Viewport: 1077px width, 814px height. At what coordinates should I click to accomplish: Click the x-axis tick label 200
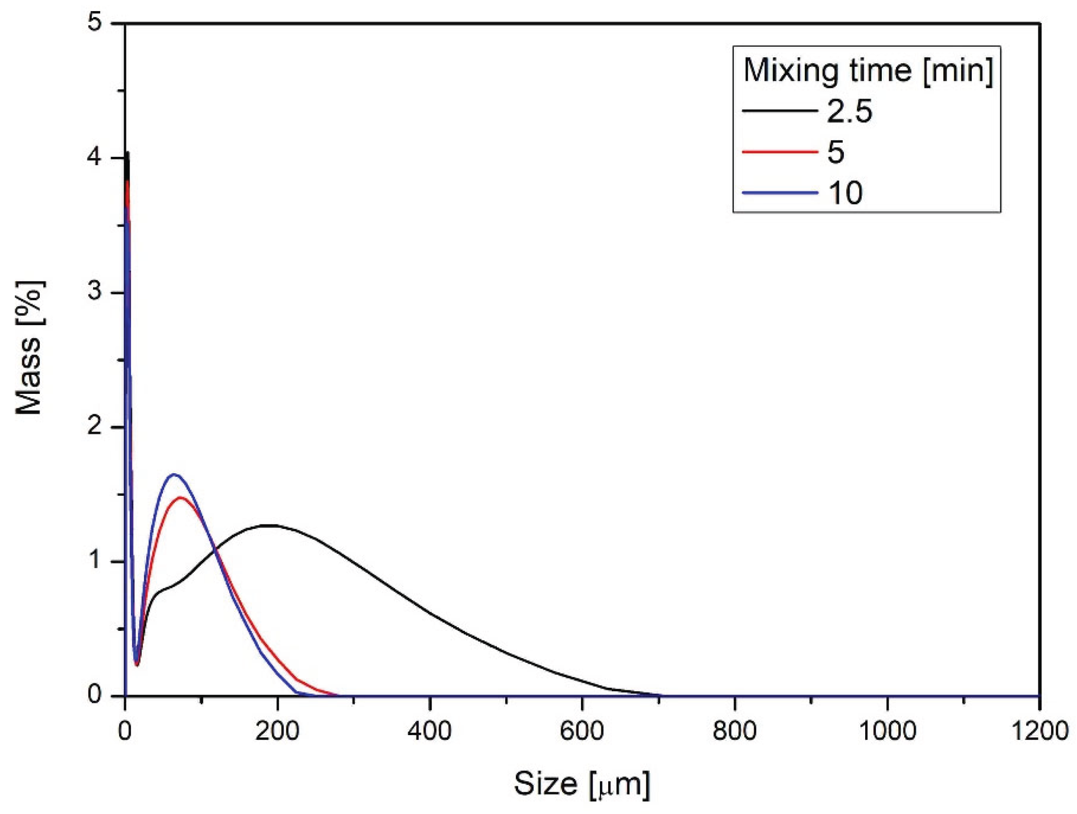click(277, 731)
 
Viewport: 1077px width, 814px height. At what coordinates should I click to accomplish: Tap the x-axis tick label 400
click(430, 731)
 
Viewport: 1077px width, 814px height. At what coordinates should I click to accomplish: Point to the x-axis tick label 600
click(582, 731)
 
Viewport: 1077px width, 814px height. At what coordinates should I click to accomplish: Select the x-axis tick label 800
click(734, 731)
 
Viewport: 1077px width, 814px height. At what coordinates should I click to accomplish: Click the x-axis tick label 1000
click(886, 731)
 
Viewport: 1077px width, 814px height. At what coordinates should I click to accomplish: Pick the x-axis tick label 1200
click(1040, 731)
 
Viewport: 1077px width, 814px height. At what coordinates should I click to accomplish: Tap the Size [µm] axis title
click(582, 784)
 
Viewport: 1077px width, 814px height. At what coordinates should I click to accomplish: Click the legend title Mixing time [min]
click(867, 71)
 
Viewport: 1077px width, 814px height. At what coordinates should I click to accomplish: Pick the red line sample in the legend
click(779, 152)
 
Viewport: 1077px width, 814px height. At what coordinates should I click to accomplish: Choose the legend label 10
click(845, 193)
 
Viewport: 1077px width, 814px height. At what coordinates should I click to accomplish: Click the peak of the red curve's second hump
click(181, 497)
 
